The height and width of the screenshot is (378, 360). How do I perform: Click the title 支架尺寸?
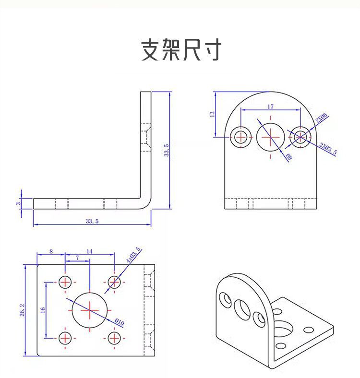181,50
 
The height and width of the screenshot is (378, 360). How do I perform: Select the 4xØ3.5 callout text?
133,254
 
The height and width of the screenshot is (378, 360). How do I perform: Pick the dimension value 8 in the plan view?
51,251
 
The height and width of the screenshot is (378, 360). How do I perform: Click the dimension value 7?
77,258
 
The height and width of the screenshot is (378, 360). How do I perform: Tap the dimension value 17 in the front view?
270,106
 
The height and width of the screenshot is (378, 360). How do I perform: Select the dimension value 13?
212,114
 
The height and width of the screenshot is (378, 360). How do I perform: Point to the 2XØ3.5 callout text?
328,149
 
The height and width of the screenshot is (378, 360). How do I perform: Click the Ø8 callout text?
289,157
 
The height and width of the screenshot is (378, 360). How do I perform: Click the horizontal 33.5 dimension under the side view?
92,221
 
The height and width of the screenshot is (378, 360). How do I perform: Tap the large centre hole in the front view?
270,137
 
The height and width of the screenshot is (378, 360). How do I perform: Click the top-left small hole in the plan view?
65,282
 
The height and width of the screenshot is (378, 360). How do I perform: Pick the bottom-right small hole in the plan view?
114,338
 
